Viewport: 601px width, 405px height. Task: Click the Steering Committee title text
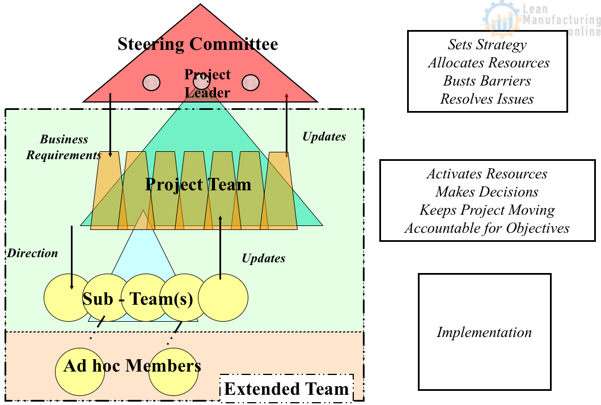tap(198, 44)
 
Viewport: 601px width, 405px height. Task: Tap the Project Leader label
tap(207, 83)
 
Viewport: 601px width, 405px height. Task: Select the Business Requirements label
tap(64, 147)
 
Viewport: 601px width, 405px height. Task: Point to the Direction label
tap(32, 253)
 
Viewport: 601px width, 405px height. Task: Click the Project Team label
tap(198, 184)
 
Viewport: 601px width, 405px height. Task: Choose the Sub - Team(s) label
tap(138, 299)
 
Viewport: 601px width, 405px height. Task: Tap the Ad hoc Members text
tap(132, 365)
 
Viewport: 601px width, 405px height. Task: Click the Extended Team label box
tap(286, 389)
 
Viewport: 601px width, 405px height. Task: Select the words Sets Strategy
tap(487, 45)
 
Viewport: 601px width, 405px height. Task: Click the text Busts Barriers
tap(487, 81)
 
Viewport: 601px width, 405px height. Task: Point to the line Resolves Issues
tap(487, 99)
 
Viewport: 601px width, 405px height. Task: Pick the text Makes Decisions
tap(487, 192)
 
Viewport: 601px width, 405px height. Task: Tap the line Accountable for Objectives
tap(487, 228)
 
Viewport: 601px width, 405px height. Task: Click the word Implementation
tap(484, 332)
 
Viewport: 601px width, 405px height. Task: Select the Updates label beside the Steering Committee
tap(324, 137)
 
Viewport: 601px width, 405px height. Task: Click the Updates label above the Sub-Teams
tap(263, 258)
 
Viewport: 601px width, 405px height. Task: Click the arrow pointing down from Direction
tap(71, 258)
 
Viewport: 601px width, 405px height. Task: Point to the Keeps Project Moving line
tap(487, 210)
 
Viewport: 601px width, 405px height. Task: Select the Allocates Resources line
tap(488, 63)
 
